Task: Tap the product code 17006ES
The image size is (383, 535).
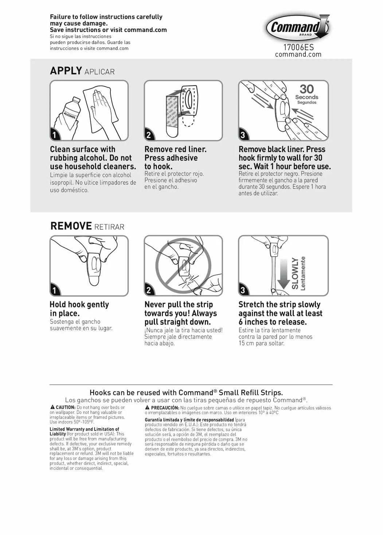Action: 298,47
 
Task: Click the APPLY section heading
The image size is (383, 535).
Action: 66,71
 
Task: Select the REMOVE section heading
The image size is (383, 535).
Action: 71,226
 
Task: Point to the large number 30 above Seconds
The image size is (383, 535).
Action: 307,89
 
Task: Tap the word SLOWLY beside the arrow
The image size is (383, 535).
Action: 295,273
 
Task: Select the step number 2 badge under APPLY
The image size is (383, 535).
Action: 149,135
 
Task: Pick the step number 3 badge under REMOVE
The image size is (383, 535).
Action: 243,290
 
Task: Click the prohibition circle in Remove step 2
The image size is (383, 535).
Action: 183,266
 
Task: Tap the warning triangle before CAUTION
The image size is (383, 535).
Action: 52,407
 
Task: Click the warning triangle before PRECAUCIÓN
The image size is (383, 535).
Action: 148,408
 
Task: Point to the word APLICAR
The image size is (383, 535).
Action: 99,72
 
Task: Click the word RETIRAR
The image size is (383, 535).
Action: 109,227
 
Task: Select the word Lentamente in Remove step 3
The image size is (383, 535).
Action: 303,273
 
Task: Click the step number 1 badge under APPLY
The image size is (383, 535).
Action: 55,135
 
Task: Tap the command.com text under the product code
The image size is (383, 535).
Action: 298,55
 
